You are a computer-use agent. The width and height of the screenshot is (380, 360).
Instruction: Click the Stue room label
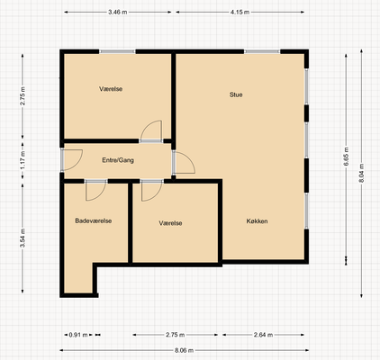(x=236, y=94)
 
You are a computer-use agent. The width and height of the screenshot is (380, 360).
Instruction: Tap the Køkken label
(x=257, y=221)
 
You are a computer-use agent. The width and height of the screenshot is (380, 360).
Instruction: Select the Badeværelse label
(x=94, y=220)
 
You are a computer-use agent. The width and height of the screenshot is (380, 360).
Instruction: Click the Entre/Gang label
(x=118, y=160)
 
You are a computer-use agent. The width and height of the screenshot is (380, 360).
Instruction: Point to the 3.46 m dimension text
(x=118, y=13)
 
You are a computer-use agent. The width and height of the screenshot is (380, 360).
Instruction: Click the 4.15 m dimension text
(x=240, y=13)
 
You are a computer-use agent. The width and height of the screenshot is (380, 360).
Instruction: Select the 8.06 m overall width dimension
(x=184, y=350)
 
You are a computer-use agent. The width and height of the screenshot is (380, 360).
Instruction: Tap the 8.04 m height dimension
(x=361, y=173)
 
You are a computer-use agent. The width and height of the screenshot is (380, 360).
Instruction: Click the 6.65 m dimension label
(x=346, y=157)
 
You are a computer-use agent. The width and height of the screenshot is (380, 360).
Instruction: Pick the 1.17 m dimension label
(x=23, y=160)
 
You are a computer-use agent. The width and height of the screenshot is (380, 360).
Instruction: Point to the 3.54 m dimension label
(x=23, y=238)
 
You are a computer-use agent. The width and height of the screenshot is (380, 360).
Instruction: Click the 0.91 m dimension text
(x=78, y=335)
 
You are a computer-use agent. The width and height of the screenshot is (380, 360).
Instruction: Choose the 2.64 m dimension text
(x=263, y=335)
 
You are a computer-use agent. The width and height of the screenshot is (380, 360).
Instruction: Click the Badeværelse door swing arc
(x=101, y=195)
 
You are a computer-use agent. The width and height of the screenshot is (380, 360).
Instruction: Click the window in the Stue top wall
(x=262, y=51)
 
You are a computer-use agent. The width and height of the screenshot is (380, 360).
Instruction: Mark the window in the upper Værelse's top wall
(x=117, y=51)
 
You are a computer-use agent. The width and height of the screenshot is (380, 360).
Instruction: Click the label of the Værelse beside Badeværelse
(x=170, y=223)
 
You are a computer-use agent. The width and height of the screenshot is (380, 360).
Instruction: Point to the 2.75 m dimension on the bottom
(x=176, y=335)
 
